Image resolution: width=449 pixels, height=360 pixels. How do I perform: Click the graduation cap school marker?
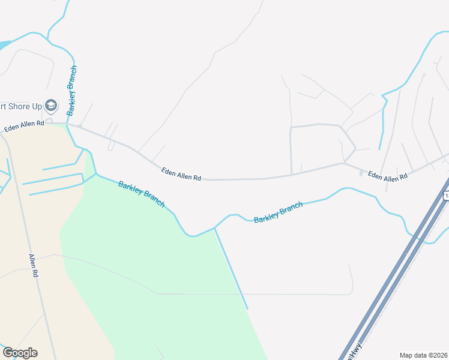pos(51,106)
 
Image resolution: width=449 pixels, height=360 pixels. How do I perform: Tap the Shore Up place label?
pos(22,106)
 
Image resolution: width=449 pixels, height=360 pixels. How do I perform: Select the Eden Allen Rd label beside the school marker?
pos(25,126)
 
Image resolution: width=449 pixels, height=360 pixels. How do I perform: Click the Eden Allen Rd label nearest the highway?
pos(387,176)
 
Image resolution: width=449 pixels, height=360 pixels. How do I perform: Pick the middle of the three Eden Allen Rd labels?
pos(181,174)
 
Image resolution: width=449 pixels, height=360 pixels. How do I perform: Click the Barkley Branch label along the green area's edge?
pos(141,194)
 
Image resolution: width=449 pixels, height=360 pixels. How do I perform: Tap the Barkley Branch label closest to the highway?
pos(278,212)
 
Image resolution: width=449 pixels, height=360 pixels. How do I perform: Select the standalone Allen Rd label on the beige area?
pos(34,265)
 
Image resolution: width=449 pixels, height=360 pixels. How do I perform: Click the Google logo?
pos(20,353)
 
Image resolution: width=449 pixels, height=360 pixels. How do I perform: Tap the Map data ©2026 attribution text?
pos(424,355)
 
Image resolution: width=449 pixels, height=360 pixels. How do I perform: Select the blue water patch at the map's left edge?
pos(4,45)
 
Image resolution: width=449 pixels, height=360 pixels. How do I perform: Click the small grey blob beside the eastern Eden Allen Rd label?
pos(361,173)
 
